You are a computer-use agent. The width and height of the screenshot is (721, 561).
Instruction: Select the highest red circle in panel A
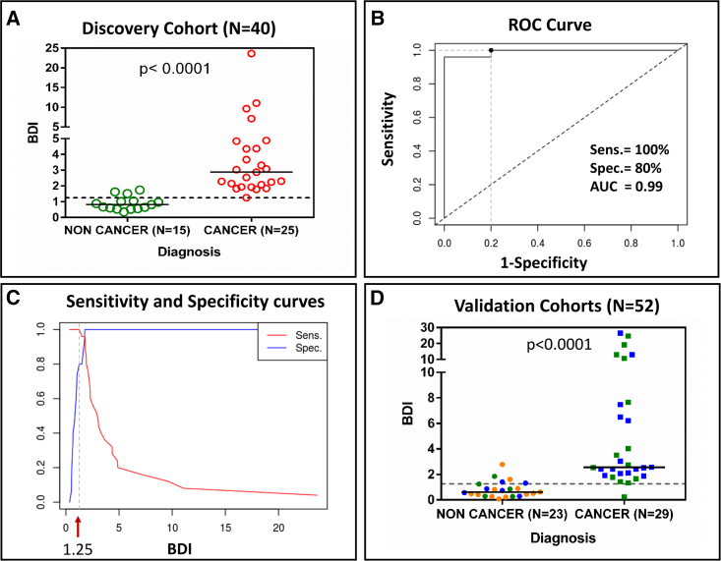coord(251,54)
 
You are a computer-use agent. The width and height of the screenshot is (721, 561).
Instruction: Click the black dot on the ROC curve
coord(491,50)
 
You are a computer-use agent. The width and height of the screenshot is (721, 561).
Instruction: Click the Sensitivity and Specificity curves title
coord(177,302)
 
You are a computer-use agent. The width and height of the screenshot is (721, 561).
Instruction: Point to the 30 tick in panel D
coord(427,326)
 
